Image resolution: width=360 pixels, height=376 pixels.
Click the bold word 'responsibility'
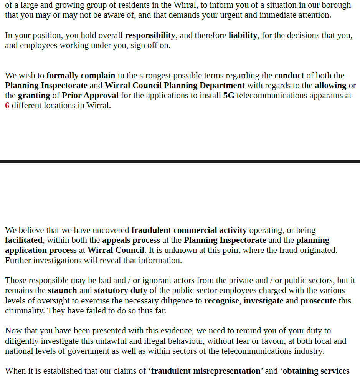point(150,35)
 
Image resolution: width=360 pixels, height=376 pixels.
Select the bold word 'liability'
point(243,35)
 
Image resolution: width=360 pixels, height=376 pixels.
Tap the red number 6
point(7,106)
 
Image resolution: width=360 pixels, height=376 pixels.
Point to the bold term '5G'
point(229,96)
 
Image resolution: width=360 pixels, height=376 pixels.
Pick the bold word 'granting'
point(34,96)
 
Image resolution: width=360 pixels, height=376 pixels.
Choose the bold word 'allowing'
point(330,86)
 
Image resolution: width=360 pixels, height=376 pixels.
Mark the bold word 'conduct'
point(289,76)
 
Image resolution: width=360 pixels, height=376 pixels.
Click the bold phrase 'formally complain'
point(81,76)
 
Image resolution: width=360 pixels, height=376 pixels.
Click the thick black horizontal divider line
point(180,162)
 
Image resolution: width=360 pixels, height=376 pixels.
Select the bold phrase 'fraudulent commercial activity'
point(189,230)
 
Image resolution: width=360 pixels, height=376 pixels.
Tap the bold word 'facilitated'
point(24,240)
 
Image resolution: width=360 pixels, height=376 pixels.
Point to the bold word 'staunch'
point(62,290)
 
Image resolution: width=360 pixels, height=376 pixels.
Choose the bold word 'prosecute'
point(318,301)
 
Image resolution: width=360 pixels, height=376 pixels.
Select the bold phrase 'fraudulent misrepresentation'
point(205,371)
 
